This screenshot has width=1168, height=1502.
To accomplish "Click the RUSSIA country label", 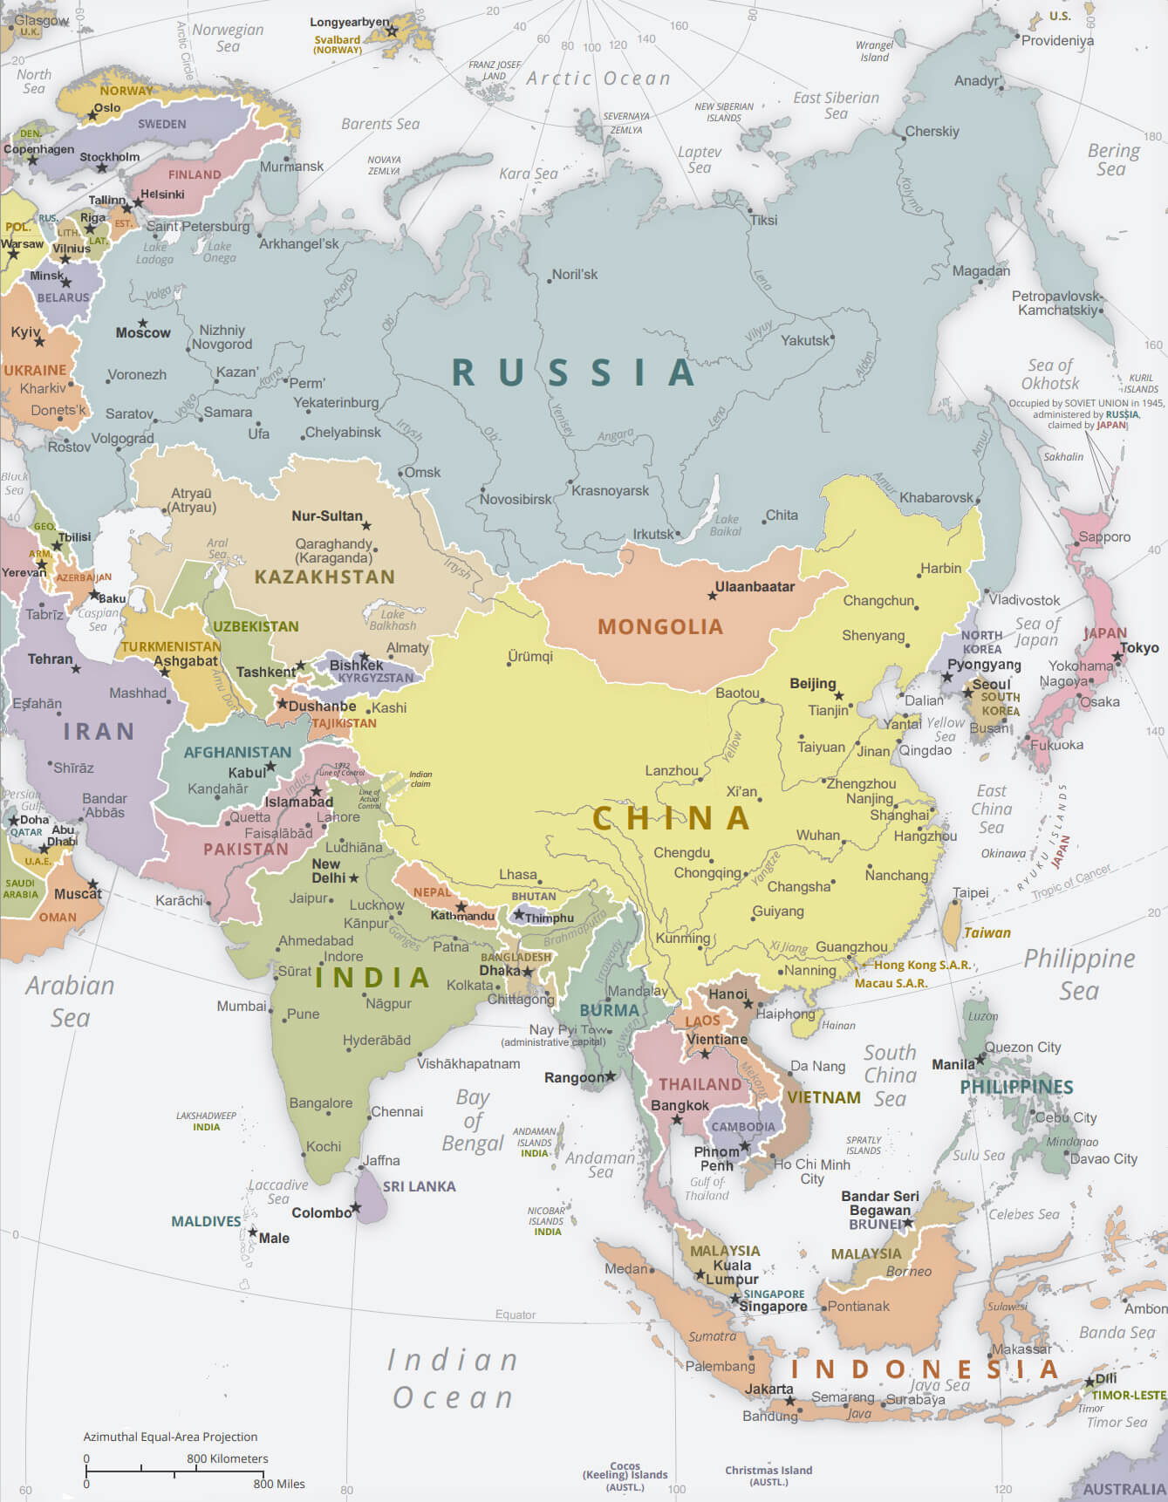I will pos(573,372).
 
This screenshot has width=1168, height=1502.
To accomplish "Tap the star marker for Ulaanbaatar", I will pos(713,596).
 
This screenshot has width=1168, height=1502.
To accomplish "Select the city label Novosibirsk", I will pos(516,500).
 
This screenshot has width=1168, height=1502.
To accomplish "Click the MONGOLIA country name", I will pos(660,626).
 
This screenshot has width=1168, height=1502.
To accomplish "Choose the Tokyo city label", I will pos(1139,647).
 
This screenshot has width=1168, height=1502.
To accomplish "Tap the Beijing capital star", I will pos(839,696).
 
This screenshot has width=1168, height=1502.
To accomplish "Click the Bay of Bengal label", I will pos(473,1120).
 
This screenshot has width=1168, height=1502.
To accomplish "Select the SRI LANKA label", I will pos(419,1186).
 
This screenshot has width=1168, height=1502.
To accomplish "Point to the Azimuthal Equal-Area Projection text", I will pos(170,1437).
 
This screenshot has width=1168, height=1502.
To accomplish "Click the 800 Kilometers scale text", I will pos(227,1458).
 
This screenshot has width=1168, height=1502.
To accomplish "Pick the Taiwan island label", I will pos(987,932).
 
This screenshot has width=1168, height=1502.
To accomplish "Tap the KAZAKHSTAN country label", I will pos(324,577).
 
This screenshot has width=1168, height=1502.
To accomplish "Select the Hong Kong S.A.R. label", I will pos(922,965).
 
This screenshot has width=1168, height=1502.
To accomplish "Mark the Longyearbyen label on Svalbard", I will pos(350,23).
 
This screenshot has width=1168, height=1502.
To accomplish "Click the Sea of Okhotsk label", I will pos(1051,374).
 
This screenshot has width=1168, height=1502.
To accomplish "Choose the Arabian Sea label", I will pos(70,1001).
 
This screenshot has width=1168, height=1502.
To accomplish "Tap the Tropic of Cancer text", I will pos(1072,882).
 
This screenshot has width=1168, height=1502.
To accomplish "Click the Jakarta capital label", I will pos(769,1389).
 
